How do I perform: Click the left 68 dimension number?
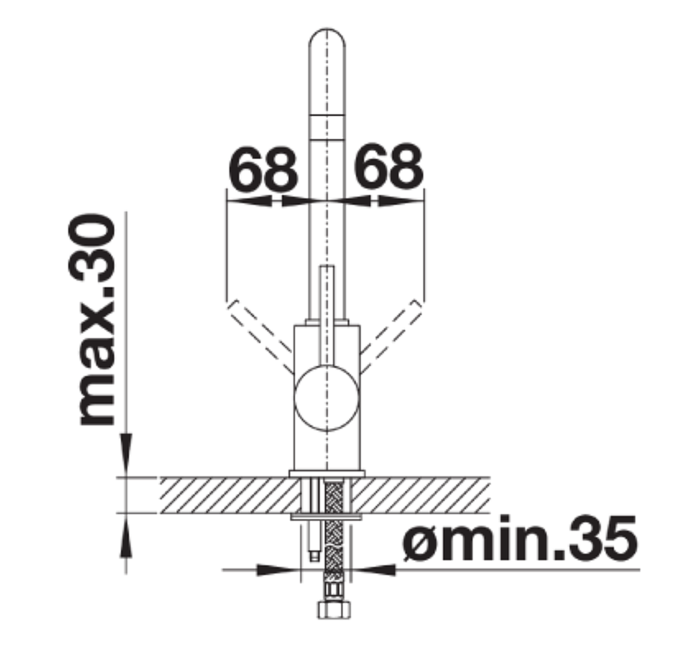[262, 168]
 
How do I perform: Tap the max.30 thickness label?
[92, 319]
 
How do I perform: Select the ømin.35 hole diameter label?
[519, 539]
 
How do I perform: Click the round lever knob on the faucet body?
[326, 398]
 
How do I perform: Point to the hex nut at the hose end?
[334, 610]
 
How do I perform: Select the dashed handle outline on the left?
[261, 336]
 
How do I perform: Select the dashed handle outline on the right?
[391, 336]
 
